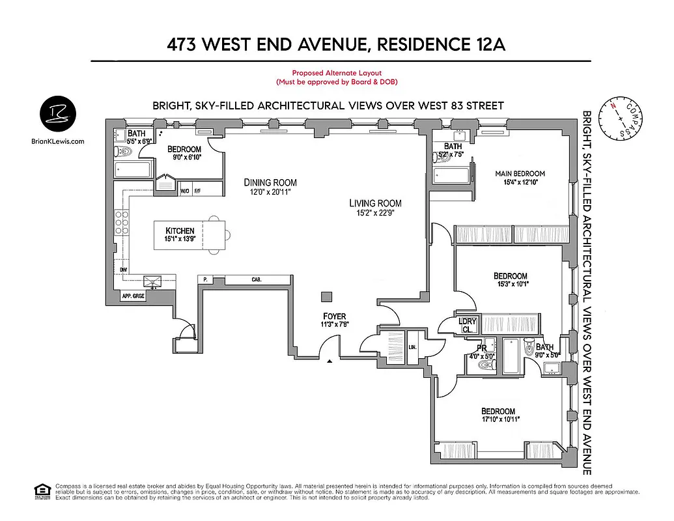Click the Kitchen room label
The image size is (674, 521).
point(180,231)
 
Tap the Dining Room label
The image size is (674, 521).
point(270,182)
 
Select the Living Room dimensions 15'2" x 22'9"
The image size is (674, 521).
point(375,212)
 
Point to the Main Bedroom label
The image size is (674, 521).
point(520,173)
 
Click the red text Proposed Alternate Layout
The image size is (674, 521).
point(336,74)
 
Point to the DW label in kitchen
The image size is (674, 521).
point(123,269)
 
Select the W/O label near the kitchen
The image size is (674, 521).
point(185,191)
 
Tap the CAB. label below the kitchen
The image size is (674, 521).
point(257,279)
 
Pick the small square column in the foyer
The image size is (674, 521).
point(325,297)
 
